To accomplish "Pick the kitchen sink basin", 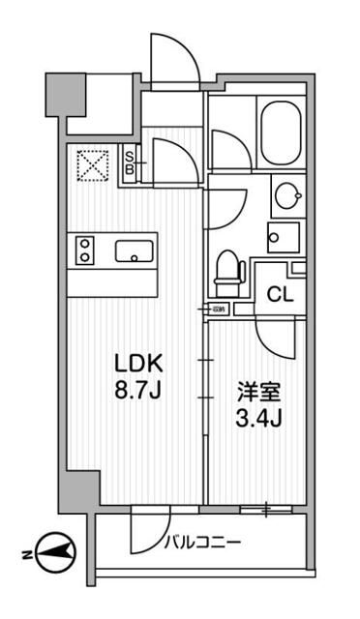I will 133,251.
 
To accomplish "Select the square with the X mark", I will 93,164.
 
